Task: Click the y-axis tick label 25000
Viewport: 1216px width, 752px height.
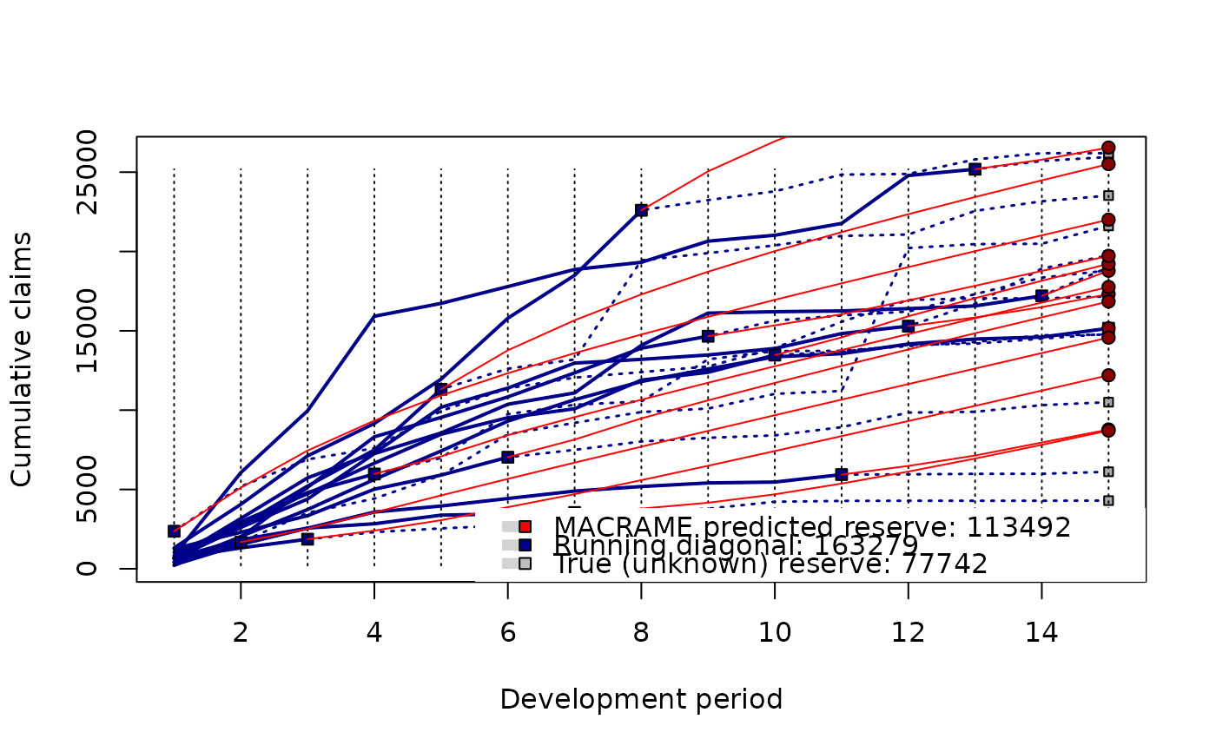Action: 88,172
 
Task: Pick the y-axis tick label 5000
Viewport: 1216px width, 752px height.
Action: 88,489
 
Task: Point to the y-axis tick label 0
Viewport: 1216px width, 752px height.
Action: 88,569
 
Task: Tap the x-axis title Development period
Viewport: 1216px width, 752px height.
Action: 641,699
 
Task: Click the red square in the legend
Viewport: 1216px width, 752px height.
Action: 524,526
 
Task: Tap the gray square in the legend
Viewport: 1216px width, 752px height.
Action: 524,564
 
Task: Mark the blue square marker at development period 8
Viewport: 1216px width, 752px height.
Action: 641,210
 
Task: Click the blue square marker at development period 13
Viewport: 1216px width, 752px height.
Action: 975,169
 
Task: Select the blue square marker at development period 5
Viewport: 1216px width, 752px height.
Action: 441,389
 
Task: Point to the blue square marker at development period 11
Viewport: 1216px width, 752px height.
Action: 841,474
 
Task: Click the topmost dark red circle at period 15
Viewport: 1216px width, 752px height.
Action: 1108,148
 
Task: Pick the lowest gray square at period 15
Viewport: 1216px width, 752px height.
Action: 1108,500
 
